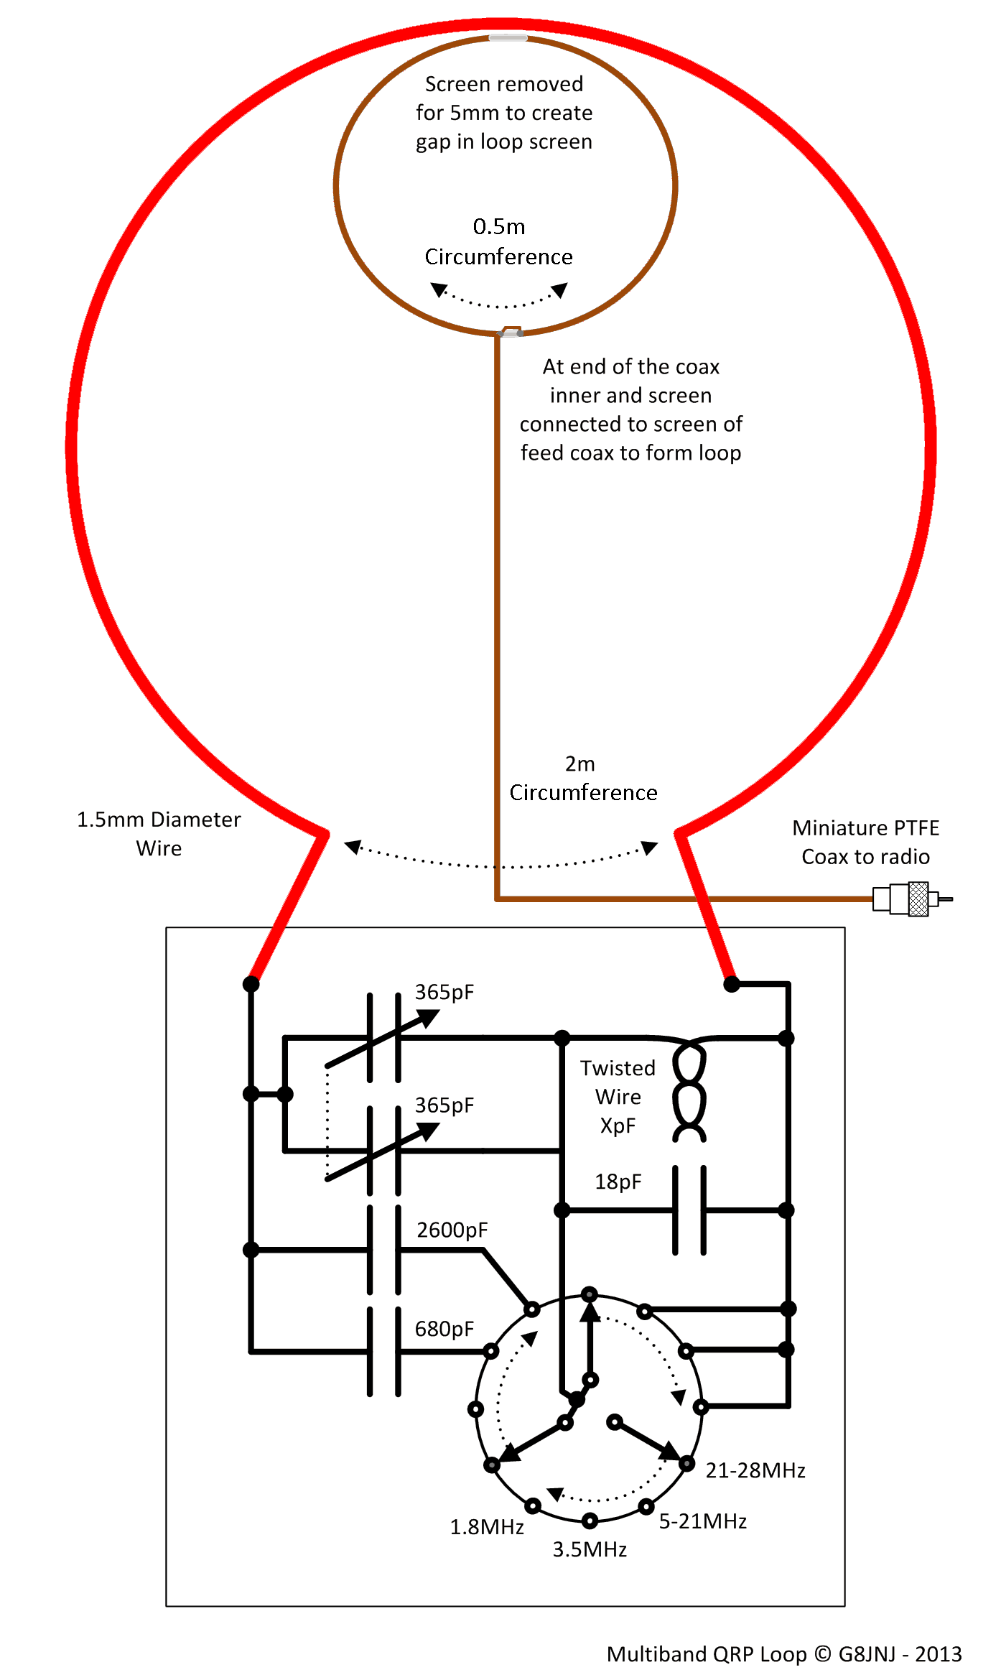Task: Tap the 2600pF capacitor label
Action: coord(452,1230)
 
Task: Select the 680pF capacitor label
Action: coord(444,1330)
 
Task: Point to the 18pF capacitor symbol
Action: coord(689,1210)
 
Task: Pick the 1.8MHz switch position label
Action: coord(487,1527)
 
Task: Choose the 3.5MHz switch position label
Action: coord(590,1549)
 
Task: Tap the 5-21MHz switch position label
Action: coord(703,1521)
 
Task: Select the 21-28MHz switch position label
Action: coord(755,1470)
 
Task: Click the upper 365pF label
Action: coord(444,993)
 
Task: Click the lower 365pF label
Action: coord(444,1105)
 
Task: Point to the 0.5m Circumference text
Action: coord(499,241)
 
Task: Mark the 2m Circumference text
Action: coord(583,778)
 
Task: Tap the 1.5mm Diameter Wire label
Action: coord(159,834)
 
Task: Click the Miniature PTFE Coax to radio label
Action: coord(866,843)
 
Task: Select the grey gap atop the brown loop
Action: coord(508,37)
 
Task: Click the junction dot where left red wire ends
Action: coord(251,983)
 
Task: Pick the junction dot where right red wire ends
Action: coord(731,983)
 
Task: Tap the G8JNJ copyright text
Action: coord(784,1654)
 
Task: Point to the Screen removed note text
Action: coord(504,113)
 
